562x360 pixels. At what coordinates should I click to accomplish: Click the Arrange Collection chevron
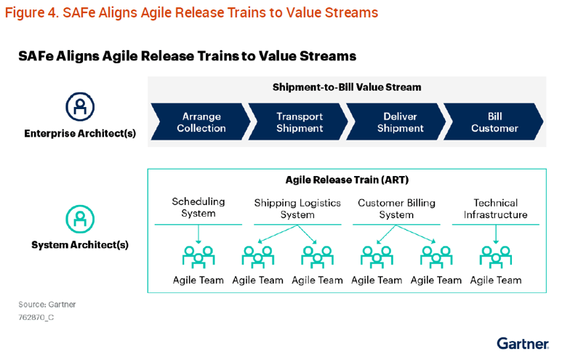(x=198, y=122)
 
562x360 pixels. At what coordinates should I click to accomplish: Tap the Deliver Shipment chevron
(x=396, y=122)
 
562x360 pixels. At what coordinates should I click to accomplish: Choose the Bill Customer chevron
(x=494, y=122)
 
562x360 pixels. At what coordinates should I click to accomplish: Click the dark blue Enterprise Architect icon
(x=80, y=106)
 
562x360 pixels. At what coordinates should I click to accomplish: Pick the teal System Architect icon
(x=80, y=217)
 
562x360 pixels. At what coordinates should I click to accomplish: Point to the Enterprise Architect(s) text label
(x=80, y=134)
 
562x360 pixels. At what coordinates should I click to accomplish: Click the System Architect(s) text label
(x=80, y=245)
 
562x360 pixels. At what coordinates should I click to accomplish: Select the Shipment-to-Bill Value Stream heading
(x=347, y=87)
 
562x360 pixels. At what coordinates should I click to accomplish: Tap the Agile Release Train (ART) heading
(x=347, y=180)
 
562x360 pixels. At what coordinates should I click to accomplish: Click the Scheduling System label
(x=198, y=207)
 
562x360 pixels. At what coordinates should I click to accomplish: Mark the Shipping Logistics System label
(x=297, y=209)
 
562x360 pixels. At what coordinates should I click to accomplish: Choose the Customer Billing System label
(x=396, y=209)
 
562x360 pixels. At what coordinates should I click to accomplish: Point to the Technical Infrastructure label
(x=495, y=209)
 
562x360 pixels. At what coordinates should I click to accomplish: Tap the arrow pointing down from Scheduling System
(x=198, y=233)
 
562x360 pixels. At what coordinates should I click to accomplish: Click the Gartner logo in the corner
(x=523, y=343)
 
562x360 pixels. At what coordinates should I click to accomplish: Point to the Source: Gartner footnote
(x=47, y=304)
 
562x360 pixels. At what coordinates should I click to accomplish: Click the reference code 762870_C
(x=36, y=317)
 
